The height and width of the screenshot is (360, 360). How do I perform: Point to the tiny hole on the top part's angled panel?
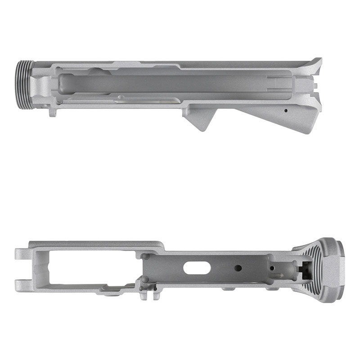[x=286, y=109]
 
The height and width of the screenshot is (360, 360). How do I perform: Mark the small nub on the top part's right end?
[x=318, y=84]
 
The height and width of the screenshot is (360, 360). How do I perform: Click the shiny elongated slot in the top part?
[x=144, y=99]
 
